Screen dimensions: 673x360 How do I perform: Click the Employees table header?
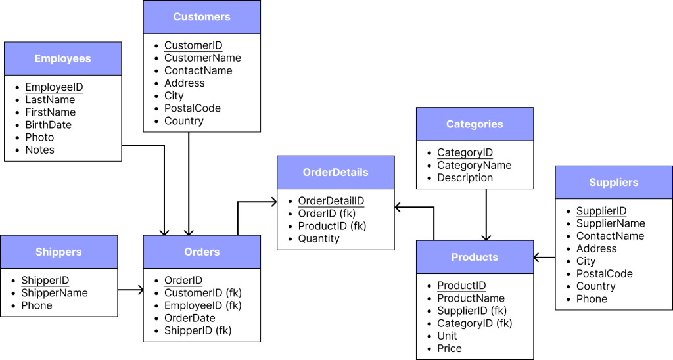tap(62, 58)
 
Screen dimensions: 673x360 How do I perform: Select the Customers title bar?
tap(202, 17)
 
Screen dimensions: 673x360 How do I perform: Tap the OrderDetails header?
tap(336, 173)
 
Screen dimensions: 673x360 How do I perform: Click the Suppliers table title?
tap(614, 183)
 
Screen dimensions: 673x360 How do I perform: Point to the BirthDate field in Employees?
tap(49, 125)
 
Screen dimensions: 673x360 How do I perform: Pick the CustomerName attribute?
tap(202, 58)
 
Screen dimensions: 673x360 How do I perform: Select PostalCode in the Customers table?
tap(193, 108)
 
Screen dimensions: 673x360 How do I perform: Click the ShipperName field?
tap(55, 293)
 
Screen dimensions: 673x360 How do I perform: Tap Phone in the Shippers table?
tap(37, 305)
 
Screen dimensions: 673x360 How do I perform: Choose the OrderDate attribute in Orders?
tap(190, 318)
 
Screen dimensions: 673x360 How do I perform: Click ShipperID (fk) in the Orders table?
tap(198, 330)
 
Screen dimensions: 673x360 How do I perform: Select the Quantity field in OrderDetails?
tap(319, 238)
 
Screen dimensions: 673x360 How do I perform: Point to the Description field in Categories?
tap(465, 177)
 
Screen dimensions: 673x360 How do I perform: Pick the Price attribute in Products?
tap(450, 348)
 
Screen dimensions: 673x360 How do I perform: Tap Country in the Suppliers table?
tap(595, 286)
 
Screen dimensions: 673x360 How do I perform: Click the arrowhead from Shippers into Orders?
tap(141, 290)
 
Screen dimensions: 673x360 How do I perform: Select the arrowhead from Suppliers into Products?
tap(536, 258)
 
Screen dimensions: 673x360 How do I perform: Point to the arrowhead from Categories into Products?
tap(486, 237)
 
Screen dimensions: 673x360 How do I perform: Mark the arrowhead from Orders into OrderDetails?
tap(273, 202)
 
